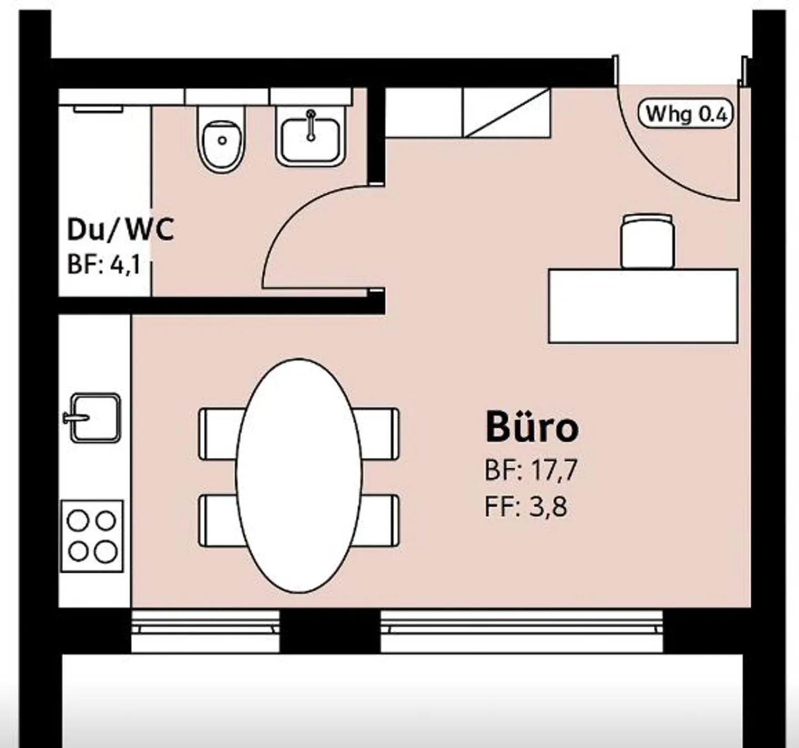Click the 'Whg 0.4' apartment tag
click(x=685, y=113)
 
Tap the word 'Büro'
click(x=532, y=427)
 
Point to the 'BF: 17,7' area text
click(x=531, y=470)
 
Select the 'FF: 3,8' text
click(x=526, y=507)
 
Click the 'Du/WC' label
click(x=120, y=230)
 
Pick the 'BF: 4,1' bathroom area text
click(x=104, y=266)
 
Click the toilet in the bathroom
click(x=222, y=139)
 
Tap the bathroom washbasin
click(x=310, y=137)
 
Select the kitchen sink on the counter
click(x=93, y=418)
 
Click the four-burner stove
click(x=92, y=535)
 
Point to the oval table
click(x=299, y=476)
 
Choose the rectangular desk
click(x=643, y=306)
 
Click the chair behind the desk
click(x=648, y=241)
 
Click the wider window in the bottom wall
click(x=522, y=631)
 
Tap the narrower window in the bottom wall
click(x=205, y=631)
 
